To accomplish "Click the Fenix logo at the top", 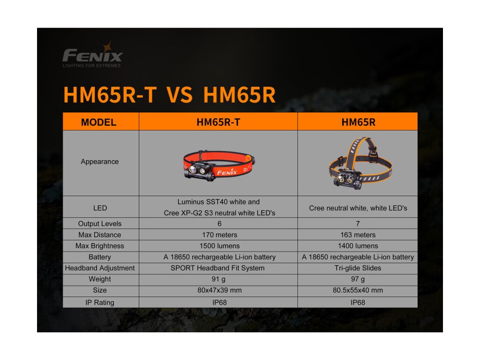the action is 92,55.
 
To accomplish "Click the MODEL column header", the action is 98,122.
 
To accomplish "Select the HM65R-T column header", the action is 218,122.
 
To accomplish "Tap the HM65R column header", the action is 358,122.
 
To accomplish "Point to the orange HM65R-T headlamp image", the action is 219,165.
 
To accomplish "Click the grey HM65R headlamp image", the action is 360,163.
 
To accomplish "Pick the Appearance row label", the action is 99,162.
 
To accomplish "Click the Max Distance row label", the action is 99,235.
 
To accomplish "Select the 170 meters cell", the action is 219,235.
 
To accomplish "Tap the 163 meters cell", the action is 358,235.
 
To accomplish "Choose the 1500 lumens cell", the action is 219,246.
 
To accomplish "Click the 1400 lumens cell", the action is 358,246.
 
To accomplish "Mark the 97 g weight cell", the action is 358,279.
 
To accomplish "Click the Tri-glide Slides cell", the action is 358,268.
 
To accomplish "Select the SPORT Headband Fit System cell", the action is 217,268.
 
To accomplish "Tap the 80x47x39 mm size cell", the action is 219,290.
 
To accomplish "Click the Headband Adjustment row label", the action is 99,268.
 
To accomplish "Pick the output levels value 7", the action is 358,224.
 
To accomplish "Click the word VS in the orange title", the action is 180,95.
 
